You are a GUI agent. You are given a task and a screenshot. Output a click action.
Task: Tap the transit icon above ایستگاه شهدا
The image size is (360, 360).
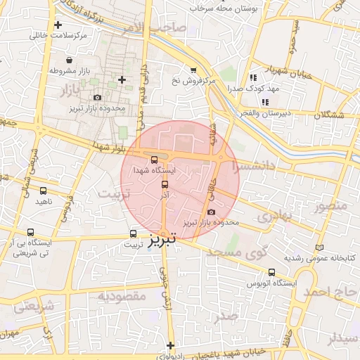[x=155, y=158]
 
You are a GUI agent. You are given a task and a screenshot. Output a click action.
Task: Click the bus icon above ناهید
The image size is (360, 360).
[x=44, y=191]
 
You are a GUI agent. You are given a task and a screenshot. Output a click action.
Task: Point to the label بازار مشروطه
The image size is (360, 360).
[x=69, y=71]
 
